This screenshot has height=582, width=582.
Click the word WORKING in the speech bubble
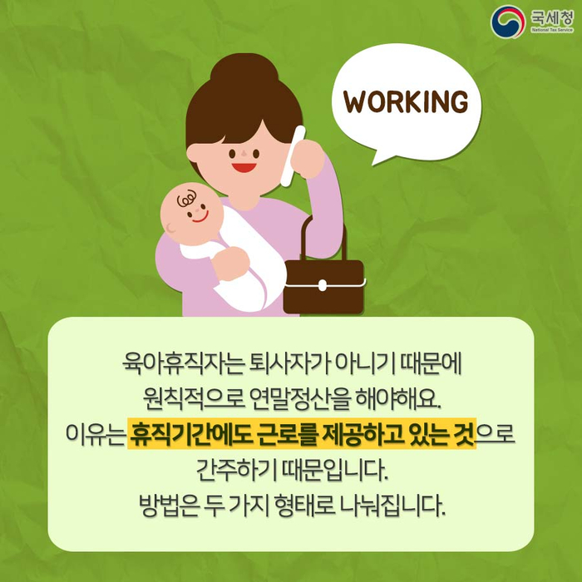pyautogui.click(x=406, y=101)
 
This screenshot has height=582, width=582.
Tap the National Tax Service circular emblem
pyautogui.click(x=507, y=22)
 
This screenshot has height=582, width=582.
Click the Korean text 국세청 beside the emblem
pyautogui.click(x=551, y=17)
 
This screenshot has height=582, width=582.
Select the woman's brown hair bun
pyautogui.click(x=244, y=70)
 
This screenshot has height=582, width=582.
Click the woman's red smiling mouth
pyautogui.click(x=244, y=167)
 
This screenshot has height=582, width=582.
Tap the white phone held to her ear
pyautogui.click(x=293, y=156)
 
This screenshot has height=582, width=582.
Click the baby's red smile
pyautogui.click(x=200, y=218)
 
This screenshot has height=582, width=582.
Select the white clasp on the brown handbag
pyautogui.click(x=323, y=285)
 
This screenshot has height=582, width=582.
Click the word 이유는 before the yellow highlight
pyautogui.click(x=95, y=433)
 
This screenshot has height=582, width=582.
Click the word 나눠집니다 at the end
pyautogui.click(x=392, y=505)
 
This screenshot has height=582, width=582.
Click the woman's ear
pyautogui.click(x=194, y=152)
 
